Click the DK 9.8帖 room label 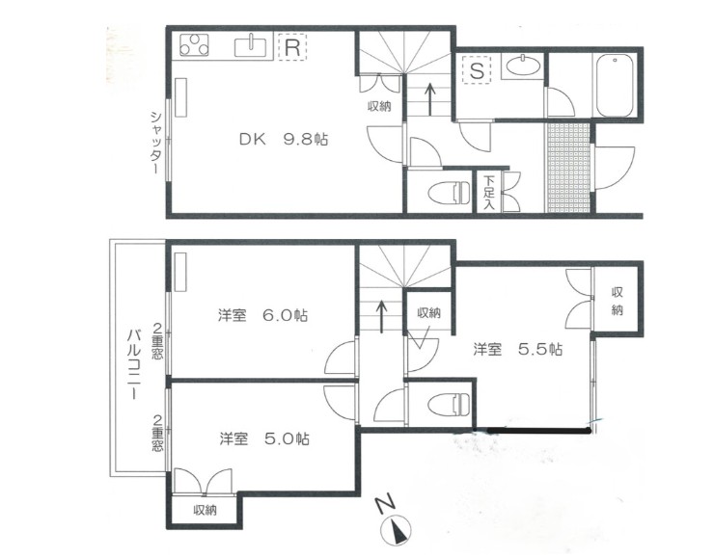pos(284,139)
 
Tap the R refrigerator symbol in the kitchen pos(291,45)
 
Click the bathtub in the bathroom pos(615,85)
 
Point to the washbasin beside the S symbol pos(524,66)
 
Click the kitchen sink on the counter pos(257,44)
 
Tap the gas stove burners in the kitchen pos(197,45)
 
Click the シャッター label pos(154,142)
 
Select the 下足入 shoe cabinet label pos(489,192)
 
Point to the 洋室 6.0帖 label pos(262,315)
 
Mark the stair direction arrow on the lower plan pos(383,315)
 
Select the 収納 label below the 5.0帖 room pos(205,510)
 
